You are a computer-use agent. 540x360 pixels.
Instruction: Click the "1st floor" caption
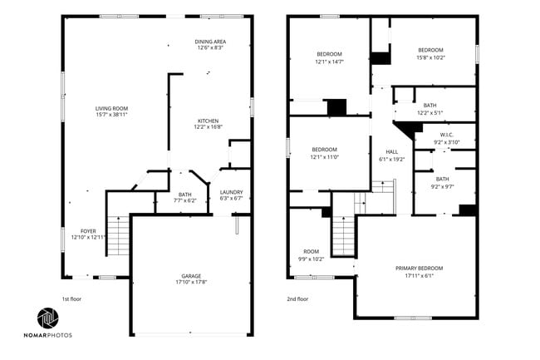pos(72,298)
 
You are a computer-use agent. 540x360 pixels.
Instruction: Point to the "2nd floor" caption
pos(297,298)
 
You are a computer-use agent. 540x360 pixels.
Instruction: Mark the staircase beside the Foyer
pos(120,236)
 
